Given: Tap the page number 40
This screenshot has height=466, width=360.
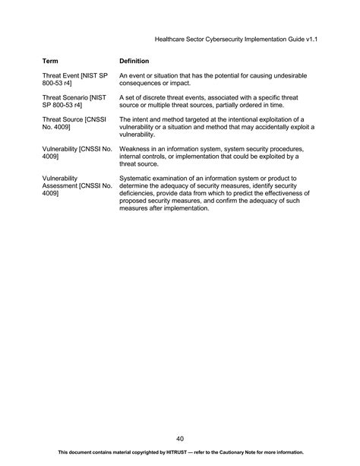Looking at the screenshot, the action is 180,438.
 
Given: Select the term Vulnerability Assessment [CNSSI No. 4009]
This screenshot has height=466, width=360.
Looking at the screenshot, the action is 77,185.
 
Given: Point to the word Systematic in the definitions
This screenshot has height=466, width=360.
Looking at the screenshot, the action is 137,178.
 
